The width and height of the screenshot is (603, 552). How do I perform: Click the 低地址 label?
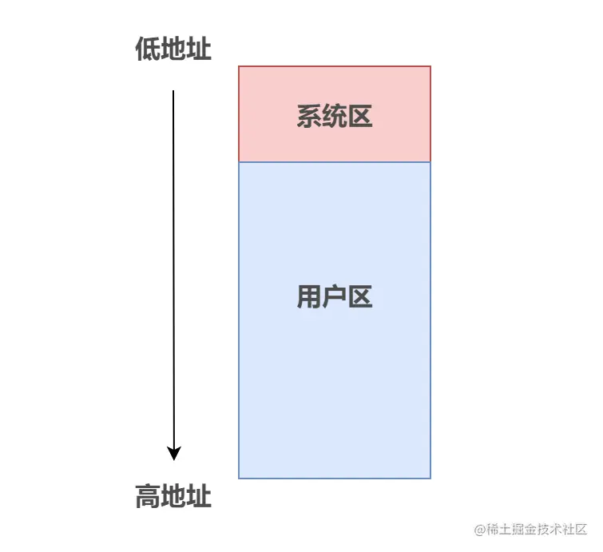click(x=173, y=50)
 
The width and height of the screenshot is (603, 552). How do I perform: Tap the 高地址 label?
click(x=173, y=497)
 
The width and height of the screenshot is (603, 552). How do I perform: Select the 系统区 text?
click(x=334, y=117)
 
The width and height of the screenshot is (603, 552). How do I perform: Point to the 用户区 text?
click(x=334, y=297)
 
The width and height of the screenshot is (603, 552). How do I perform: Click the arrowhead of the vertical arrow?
click(x=173, y=453)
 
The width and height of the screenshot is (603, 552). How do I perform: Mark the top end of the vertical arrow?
click(x=173, y=92)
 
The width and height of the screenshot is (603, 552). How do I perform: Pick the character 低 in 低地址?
click(x=148, y=50)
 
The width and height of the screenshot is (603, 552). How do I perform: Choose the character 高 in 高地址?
click(x=148, y=497)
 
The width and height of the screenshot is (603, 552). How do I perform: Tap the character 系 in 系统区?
click(x=308, y=117)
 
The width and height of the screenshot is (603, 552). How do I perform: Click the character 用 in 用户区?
click(x=308, y=297)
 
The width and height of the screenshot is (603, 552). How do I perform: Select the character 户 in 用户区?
click(x=334, y=297)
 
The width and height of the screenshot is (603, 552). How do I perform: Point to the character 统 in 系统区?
click(x=334, y=117)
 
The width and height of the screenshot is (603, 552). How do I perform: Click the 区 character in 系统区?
click(x=360, y=117)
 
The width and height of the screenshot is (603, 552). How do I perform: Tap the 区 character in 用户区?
click(x=360, y=297)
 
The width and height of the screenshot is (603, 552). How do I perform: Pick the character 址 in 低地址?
click(x=199, y=50)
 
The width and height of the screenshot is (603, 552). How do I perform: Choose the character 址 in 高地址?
click(x=199, y=497)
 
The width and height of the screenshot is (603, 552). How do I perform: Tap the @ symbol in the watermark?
click(x=480, y=529)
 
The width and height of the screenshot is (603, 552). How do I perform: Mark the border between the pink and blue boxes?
click(x=334, y=162)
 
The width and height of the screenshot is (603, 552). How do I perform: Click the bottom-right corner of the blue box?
click(x=430, y=478)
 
